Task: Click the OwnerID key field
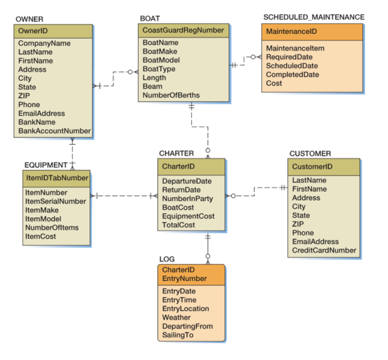(x=33, y=31)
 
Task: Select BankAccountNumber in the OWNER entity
(x=54, y=131)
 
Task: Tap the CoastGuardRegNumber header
(x=183, y=30)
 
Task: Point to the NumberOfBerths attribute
(x=171, y=95)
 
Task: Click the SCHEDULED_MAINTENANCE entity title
(x=314, y=17)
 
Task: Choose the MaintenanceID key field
(x=291, y=32)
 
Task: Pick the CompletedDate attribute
(x=292, y=75)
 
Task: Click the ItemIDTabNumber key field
(x=57, y=178)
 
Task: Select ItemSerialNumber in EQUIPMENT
(x=55, y=201)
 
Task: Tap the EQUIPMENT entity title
(x=46, y=165)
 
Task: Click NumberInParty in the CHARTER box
(x=187, y=199)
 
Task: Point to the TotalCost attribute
(x=178, y=225)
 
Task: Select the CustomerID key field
(x=312, y=167)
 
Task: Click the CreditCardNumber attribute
(x=324, y=250)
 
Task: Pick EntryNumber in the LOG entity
(x=184, y=279)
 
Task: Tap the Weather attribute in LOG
(x=176, y=317)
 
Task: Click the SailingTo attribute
(x=178, y=335)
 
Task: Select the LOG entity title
(x=167, y=259)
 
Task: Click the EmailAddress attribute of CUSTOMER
(x=315, y=242)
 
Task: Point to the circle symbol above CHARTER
(x=208, y=150)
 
